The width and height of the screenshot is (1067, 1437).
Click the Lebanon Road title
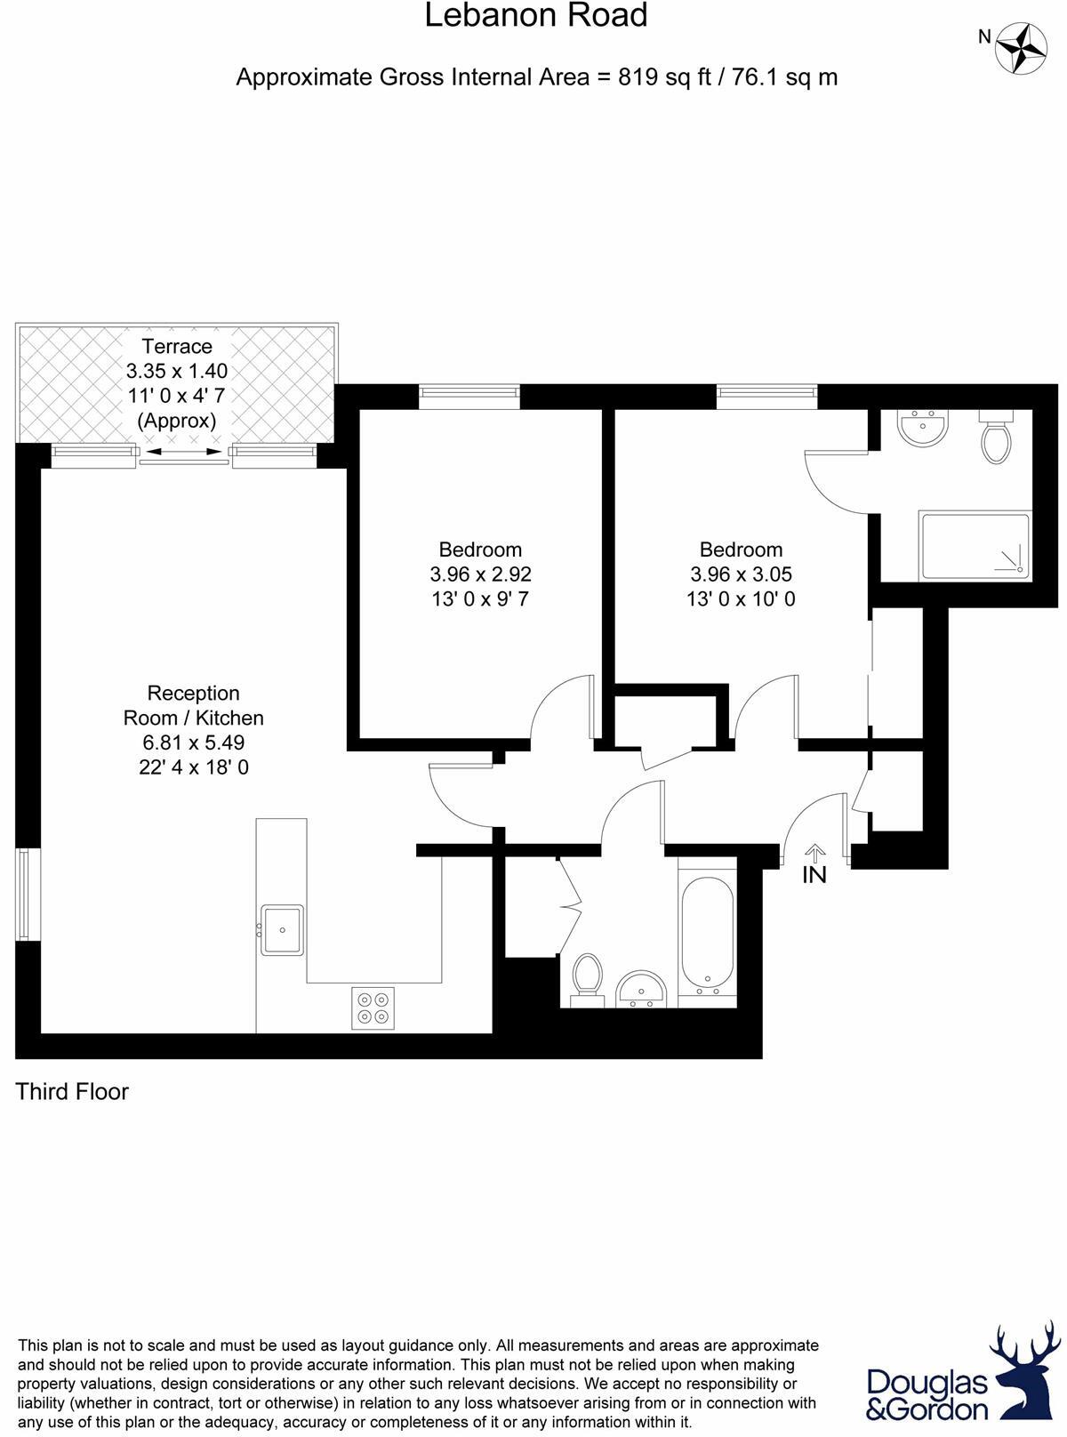[535, 16]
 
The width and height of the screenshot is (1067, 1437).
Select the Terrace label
[177, 346]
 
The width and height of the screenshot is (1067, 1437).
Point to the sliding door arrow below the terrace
[184, 453]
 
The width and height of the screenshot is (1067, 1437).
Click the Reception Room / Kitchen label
[193, 705]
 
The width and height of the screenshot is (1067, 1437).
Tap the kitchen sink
[282, 930]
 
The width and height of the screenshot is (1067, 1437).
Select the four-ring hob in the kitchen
[373, 1008]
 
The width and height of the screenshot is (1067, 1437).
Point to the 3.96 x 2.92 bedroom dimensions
[480, 574]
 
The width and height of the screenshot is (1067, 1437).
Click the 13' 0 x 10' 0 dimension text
[741, 599]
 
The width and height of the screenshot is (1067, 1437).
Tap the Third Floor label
[72, 1092]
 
